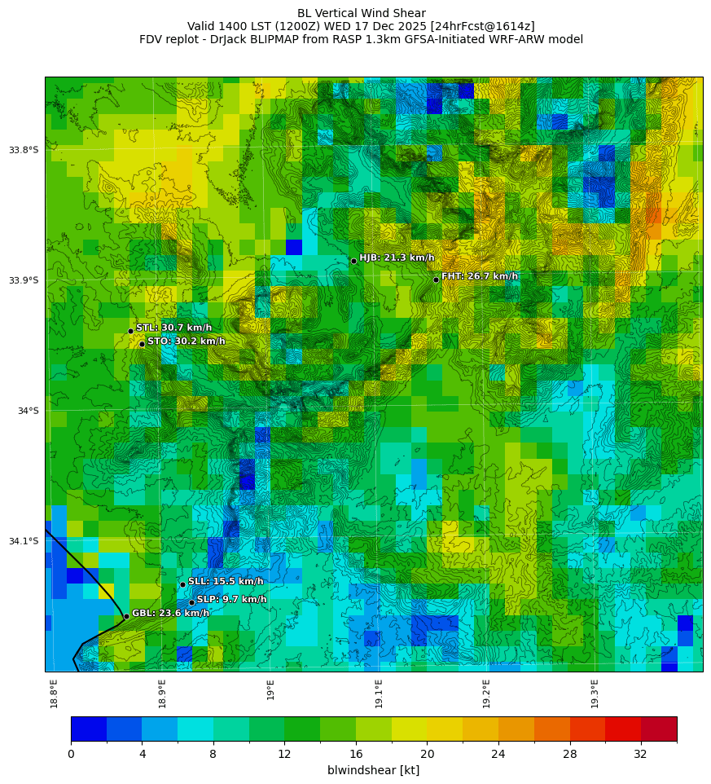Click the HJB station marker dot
(353, 261)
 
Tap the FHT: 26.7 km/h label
(480, 276)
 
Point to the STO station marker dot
(142, 344)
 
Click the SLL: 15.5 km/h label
(226, 581)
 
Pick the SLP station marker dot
(191, 602)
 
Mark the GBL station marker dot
(126, 616)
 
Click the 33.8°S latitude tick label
(24, 150)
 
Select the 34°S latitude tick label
(29, 411)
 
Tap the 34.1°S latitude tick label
(24, 541)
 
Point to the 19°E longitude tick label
(270, 689)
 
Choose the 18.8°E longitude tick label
(54, 693)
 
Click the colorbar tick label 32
(640, 755)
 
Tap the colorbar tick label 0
(71, 755)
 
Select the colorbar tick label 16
(355, 755)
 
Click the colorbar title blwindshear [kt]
(373, 770)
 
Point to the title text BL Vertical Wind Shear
(361, 13)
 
